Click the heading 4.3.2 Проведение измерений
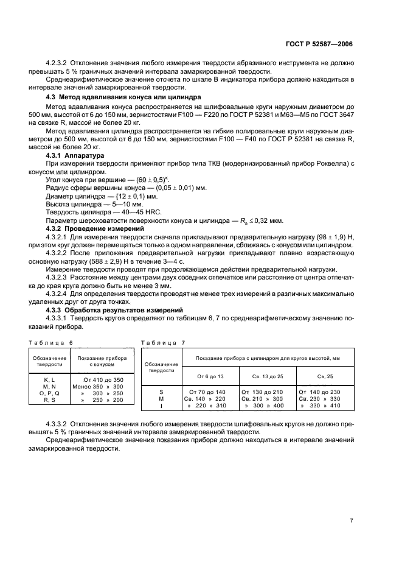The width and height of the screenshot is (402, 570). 88,228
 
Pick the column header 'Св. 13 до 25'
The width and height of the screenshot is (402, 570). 267,376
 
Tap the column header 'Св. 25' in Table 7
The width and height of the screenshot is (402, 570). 326,376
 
